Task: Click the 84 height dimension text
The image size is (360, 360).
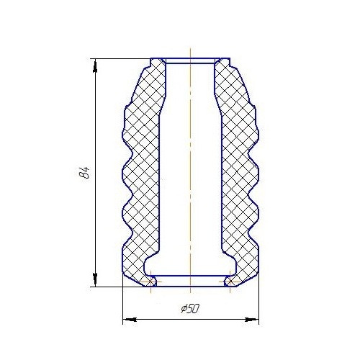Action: click(84, 173)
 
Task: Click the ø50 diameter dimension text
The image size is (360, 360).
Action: click(190, 309)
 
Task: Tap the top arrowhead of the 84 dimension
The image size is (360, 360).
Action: click(95, 66)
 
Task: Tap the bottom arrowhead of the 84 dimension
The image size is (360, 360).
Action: click(95, 280)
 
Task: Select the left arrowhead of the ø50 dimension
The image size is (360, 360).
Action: click(130, 320)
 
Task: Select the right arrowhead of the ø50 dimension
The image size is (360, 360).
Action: click(252, 320)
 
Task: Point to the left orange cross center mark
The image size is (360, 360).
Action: click(150, 282)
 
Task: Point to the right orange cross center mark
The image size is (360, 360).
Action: click(230, 282)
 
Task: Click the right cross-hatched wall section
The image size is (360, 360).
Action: click(240, 173)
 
